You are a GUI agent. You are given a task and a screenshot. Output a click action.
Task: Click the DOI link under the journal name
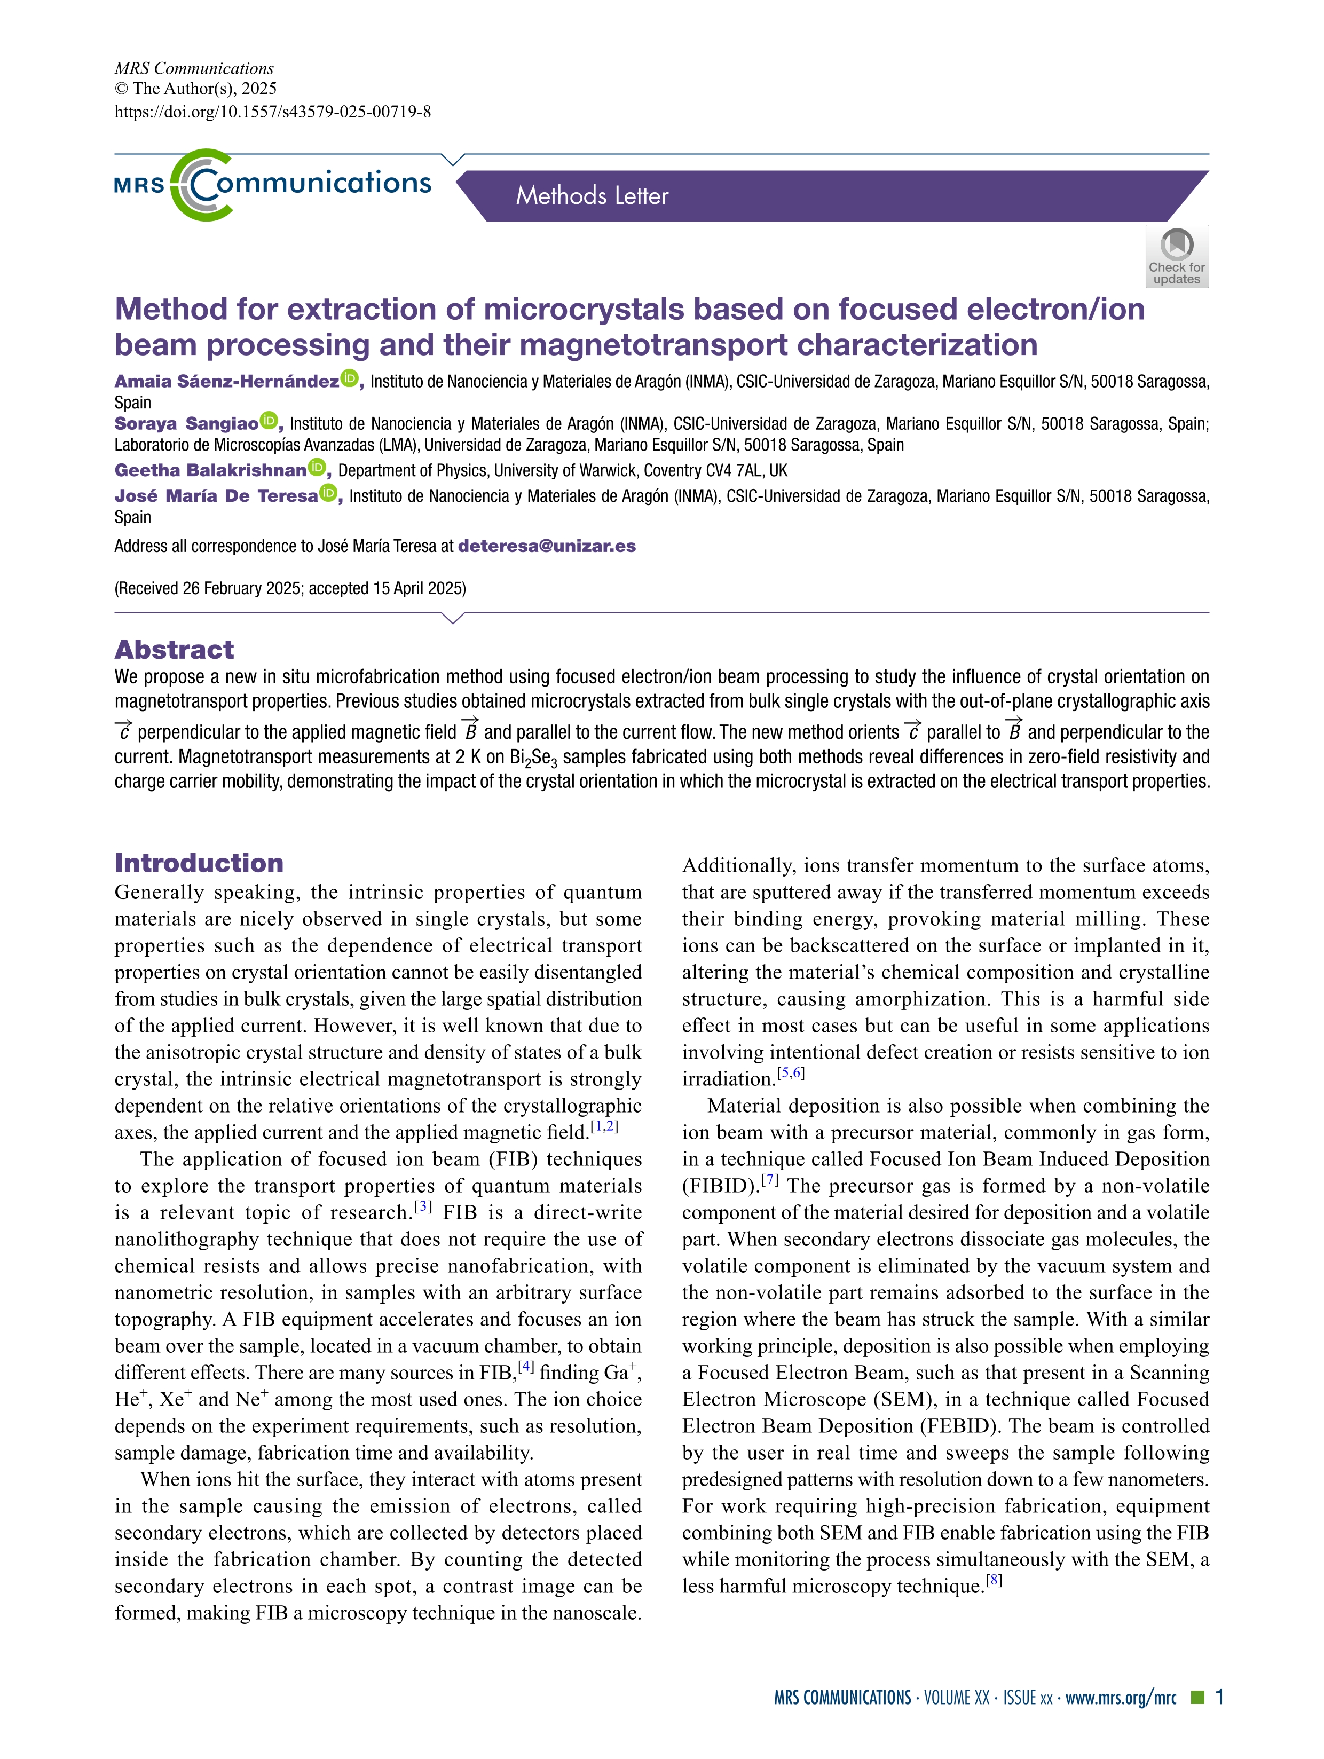click(273, 112)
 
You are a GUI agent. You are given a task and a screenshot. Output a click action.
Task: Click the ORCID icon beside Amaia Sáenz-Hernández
click(349, 380)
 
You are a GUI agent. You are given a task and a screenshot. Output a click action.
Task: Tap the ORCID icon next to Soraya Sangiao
click(269, 421)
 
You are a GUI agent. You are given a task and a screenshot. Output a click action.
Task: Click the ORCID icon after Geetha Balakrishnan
click(317, 468)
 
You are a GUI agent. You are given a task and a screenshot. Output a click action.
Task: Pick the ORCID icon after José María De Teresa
click(328, 494)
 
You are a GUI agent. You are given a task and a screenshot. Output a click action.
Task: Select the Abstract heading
click(174, 650)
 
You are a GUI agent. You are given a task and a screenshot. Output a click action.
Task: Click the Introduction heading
click(199, 863)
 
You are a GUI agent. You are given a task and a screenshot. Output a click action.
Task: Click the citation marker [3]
click(423, 1206)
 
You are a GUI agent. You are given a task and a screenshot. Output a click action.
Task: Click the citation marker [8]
click(993, 1580)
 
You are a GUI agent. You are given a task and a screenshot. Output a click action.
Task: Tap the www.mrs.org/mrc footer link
click(1121, 1698)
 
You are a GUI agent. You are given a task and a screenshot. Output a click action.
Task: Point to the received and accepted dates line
click(290, 588)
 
